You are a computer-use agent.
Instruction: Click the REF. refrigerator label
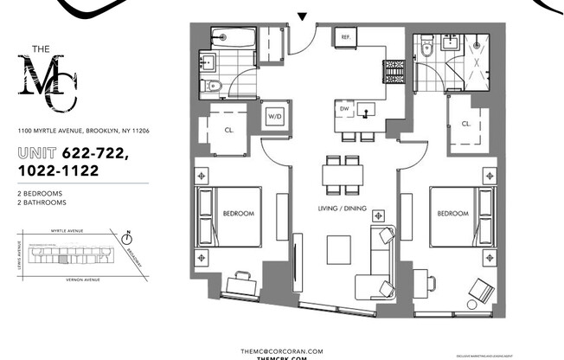click(x=346, y=37)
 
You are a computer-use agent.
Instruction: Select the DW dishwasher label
click(x=344, y=110)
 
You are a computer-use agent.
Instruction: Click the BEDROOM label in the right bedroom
click(x=453, y=212)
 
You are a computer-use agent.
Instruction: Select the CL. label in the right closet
click(x=465, y=124)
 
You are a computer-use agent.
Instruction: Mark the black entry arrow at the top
click(x=301, y=16)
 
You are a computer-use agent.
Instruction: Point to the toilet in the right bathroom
click(x=426, y=51)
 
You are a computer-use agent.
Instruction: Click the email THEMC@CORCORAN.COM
click(x=281, y=350)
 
